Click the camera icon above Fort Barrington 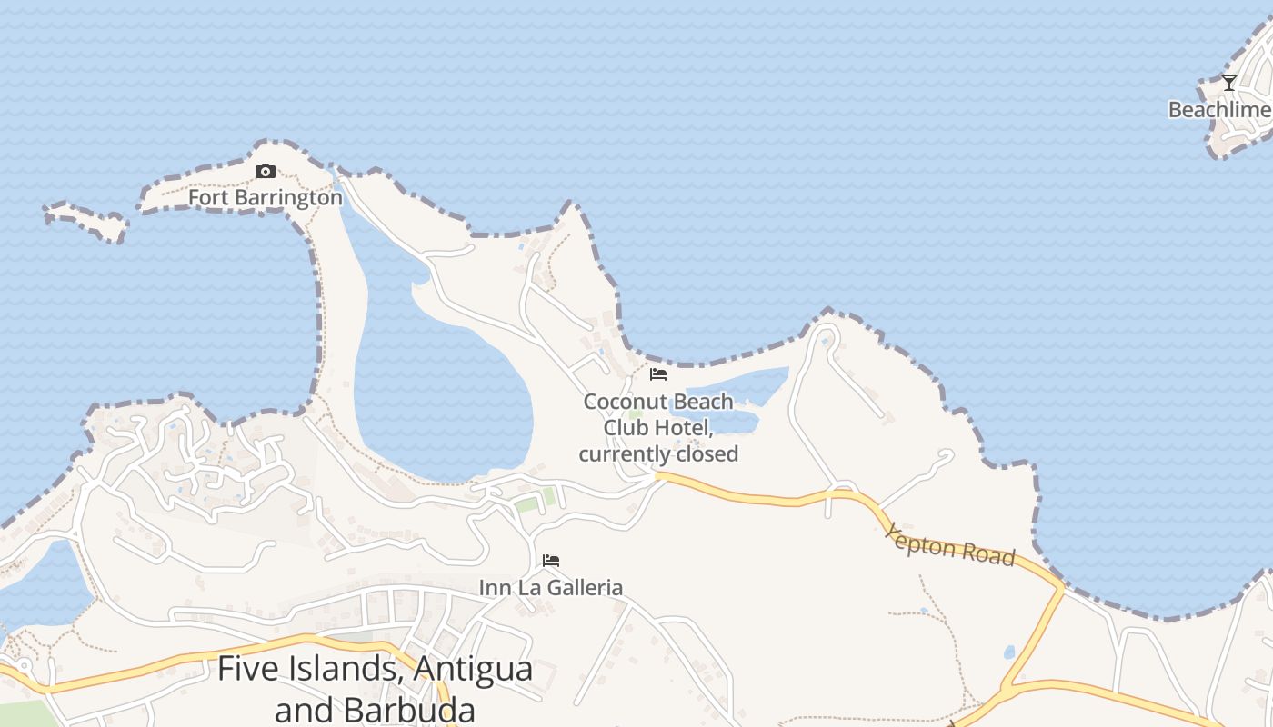pyautogui.click(x=266, y=171)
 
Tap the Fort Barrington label pyautogui.click(x=266, y=197)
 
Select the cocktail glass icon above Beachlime pyautogui.click(x=1229, y=83)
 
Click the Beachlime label pyautogui.click(x=1219, y=110)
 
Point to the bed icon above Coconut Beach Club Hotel pyautogui.click(x=658, y=374)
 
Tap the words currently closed pyautogui.click(x=658, y=453)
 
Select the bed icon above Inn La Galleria pyautogui.click(x=551, y=561)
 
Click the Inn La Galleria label pyautogui.click(x=551, y=587)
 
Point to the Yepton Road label pyautogui.click(x=950, y=544)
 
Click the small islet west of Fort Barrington pyautogui.click(x=87, y=220)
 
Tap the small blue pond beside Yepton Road pyautogui.click(x=1009, y=652)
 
